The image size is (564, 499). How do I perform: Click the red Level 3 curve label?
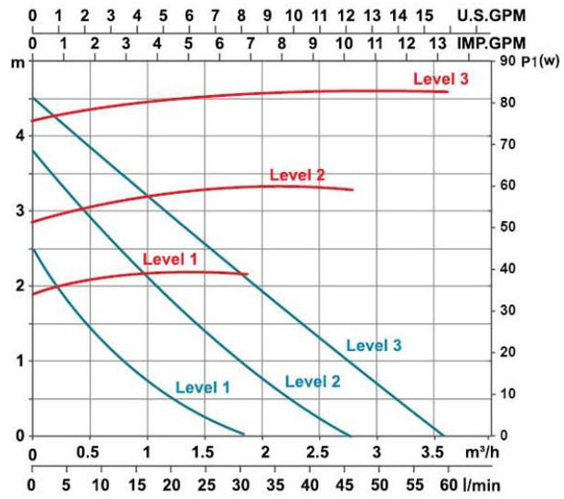pyautogui.click(x=441, y=79)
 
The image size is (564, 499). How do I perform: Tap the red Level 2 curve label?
pyautogui.click(x=297, y=175)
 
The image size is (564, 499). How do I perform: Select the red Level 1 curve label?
pyautogui.click(x=170, y=260)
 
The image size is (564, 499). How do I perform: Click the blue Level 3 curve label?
pyautogui.click(x=374, y=346)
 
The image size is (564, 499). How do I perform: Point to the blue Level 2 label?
pyautogui.click(x=313, y=381)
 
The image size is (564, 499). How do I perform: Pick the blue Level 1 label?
pyautogui.click(x=202, y=388)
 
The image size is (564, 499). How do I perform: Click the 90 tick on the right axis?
pyautogui.click(x=506, y=61)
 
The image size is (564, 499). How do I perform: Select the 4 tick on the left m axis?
pyautogui.click(x=20, y=135)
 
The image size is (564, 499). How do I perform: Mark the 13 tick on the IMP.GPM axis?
pyautogui.click(x=435, y=43)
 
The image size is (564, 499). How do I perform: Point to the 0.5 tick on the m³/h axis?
pyautogui.click(x=88, y=455)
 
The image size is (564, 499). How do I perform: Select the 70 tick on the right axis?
pyautogui.click(x=506, y=144)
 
